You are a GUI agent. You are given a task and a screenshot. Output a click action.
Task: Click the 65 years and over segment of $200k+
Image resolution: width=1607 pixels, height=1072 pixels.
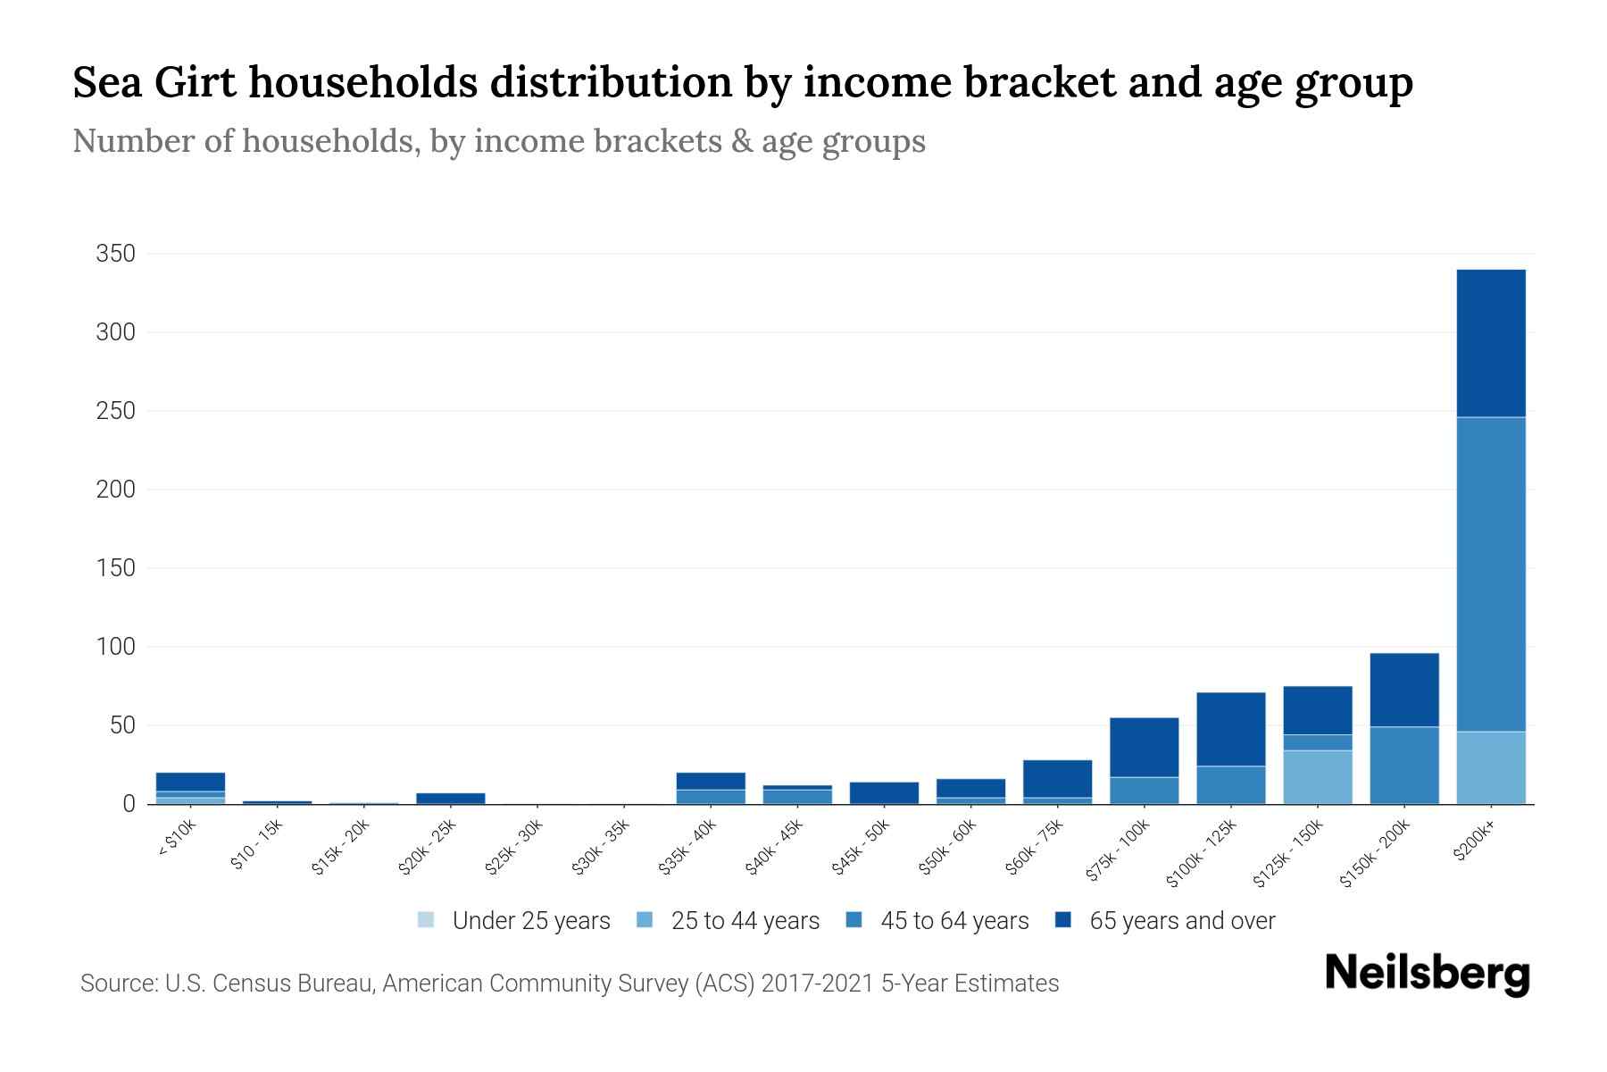pyautogui.click(x=1490, y=343)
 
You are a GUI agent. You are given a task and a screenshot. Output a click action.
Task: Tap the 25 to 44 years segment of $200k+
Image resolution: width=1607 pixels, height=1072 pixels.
pyautogui.click(x=1490, y=767)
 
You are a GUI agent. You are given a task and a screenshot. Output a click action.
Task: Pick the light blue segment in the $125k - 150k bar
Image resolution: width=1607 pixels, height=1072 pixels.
pyautogui.click(x=1317, y=776)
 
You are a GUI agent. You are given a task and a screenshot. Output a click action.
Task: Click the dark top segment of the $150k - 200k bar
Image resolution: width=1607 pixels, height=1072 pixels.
pyautogui.click(x=1403, y=690)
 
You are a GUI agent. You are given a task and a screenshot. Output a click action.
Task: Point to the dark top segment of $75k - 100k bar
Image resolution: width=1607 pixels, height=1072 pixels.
pyautogui.click(x=1144, y=747)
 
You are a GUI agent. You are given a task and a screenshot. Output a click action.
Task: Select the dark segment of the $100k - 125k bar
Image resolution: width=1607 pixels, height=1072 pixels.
pyautogui.click(x=1230, y=729)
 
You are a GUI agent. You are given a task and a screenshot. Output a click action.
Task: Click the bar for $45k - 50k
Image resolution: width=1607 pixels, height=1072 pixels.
pyautogui.click(x=884, y=792)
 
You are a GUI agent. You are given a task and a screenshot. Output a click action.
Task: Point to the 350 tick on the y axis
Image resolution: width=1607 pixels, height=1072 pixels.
pyautogui.click(x=115, y=255)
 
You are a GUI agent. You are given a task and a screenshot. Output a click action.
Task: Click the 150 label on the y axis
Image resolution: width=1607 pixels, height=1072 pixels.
pyautogui.click(x=115, y=568)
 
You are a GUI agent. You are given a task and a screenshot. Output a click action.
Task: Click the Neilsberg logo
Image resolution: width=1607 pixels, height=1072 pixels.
pyautogui.click(x=1427, y=974)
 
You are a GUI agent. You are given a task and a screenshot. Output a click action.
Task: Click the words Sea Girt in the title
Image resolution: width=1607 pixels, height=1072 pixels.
pyautogui.click(x=154, y=82)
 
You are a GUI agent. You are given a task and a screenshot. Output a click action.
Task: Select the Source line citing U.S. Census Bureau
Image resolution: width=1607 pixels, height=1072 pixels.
pyautogui.click(x=570, y=984)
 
